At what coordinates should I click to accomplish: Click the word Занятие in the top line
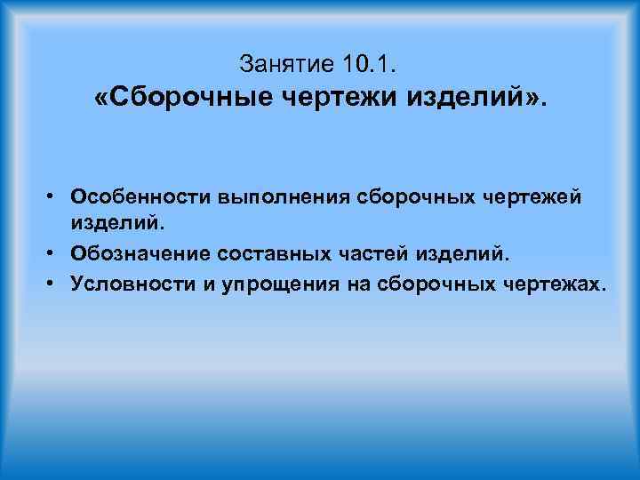[284, 64]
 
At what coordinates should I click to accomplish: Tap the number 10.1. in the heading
[372, 64]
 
